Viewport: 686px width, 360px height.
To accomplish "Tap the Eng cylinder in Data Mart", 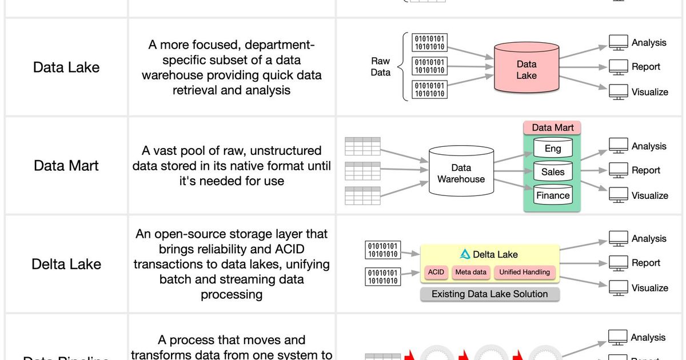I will pos(552,148).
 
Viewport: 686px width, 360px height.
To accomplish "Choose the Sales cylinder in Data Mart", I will pos(552,171).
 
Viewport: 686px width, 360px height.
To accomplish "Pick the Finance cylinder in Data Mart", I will pos(552,195).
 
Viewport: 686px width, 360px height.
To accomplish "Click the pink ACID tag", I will pos(436,273).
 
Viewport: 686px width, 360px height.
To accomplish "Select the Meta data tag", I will pos(470,273).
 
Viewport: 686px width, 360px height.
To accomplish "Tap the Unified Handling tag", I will pos(524,273).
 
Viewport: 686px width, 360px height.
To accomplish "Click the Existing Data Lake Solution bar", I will pos(489,294).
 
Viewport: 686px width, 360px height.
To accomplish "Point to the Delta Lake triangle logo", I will pos(465,255).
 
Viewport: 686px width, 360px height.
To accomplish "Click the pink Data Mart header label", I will pos(552,127).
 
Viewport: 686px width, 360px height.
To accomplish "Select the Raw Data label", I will pos(380,67).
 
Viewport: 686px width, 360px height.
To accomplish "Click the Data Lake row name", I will pos(66,67).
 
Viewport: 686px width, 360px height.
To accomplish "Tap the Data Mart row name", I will pos(66,166).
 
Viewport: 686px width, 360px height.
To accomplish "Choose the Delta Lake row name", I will pos(66,264).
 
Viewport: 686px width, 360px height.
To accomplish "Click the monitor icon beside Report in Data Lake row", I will pos(618,67).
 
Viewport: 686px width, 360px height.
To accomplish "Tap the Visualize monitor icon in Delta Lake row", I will pos(618,287).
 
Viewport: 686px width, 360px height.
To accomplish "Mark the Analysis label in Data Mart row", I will pos(649,146).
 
